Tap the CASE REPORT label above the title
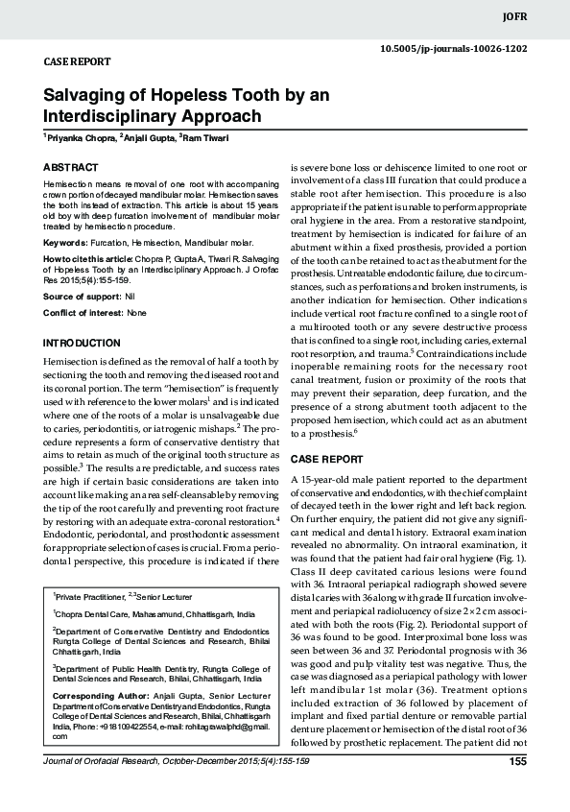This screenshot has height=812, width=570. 78,61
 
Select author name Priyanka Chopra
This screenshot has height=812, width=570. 81,139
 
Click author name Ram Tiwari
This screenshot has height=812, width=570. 221,139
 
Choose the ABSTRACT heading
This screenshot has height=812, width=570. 71,167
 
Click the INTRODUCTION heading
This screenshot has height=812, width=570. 83,343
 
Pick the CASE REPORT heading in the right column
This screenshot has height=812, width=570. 326,459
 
